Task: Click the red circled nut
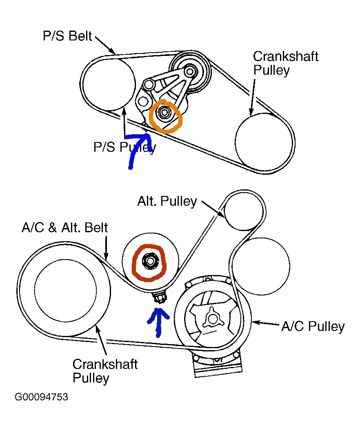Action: [149, 261]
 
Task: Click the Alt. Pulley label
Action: [167, 201]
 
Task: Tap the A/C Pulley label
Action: [313, 327]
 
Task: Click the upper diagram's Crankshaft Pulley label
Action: [285, 63]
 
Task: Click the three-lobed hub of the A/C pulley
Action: [213, 317]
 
